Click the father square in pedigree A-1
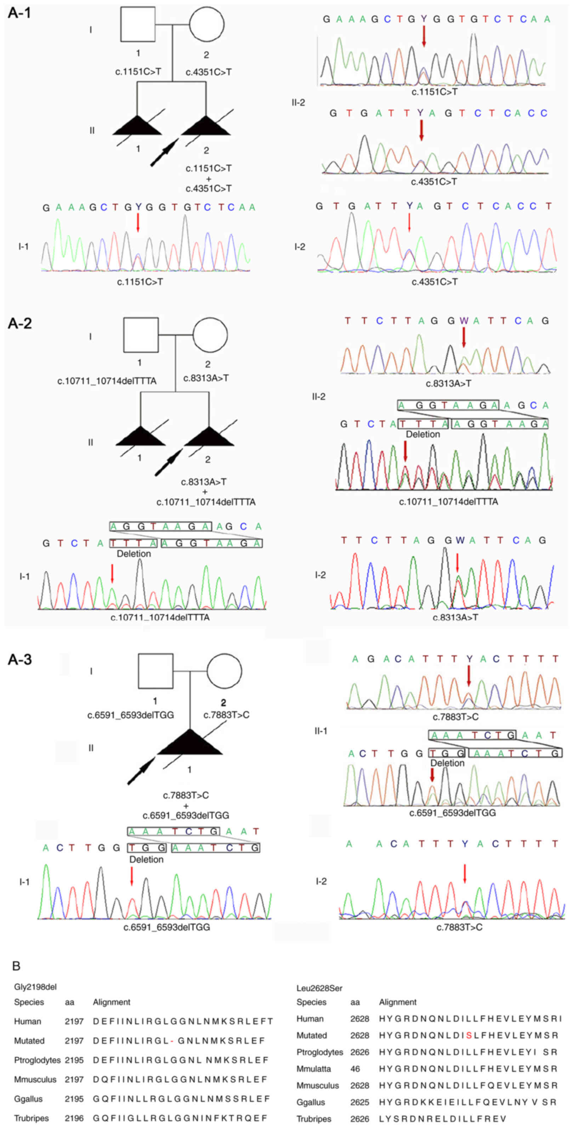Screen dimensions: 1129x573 pyautogui.click(x=138, y=24)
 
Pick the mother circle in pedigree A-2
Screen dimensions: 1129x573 pyautogui.click(x=210, y=335)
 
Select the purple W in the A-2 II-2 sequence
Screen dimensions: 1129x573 pyautogui.click(x=464, y=321)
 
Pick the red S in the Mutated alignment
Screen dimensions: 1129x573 pyautogui.click(x=469, y=1035)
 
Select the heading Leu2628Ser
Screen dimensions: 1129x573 pyautogui.click(x=319, y=988)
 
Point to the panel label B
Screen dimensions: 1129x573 pyautogui.click(x=16, y=965)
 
